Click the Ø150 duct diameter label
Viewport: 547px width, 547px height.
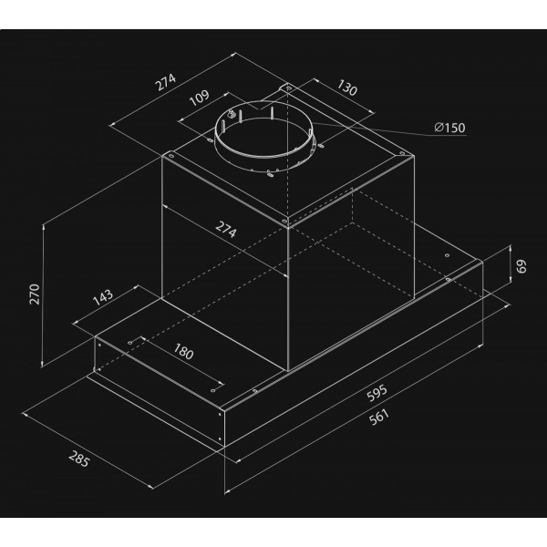click(x=450, y=128)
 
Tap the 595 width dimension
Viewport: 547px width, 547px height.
click(x=377, y=393)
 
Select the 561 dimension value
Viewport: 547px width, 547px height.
click(x=379, y=418)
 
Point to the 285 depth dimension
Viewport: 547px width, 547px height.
click(x=79, y=459)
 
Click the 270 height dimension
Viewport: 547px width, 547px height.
click(x=35, y=294)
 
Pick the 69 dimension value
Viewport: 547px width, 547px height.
click(x=521, y=266)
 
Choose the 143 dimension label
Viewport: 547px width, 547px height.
click(x=103, y=297)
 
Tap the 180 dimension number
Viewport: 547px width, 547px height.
click(x=183, y=352)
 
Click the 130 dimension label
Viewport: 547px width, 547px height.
click(x=346, y=88)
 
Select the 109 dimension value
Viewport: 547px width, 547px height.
click(x=199, y=98)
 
